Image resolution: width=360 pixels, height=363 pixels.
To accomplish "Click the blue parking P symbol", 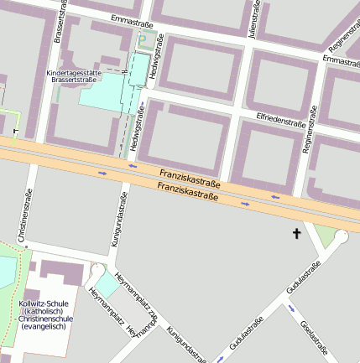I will [142, 38].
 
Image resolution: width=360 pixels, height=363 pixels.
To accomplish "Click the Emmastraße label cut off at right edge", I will [341, 61].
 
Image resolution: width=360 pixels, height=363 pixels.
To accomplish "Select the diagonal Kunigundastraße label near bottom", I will [185, 344].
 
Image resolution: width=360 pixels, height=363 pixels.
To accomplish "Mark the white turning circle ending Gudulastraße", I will [340, 238].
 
